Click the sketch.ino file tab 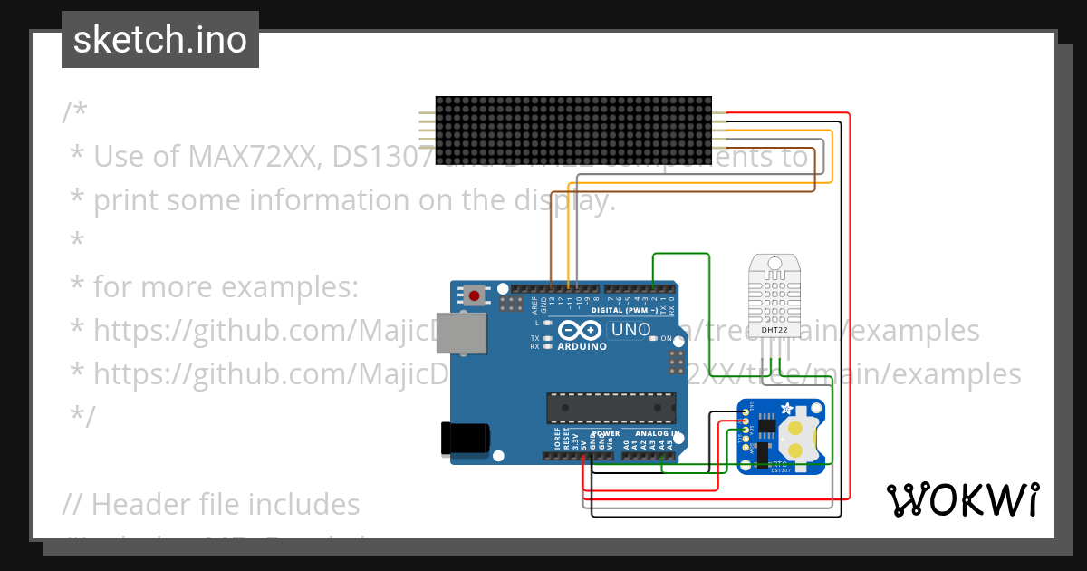[159, 40]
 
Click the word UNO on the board [630, 330]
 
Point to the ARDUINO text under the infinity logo [582, 346]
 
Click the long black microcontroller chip [611, 408]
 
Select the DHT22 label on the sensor [774, 330]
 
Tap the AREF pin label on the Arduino [534, 303]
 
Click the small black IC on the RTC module [765, 424]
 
